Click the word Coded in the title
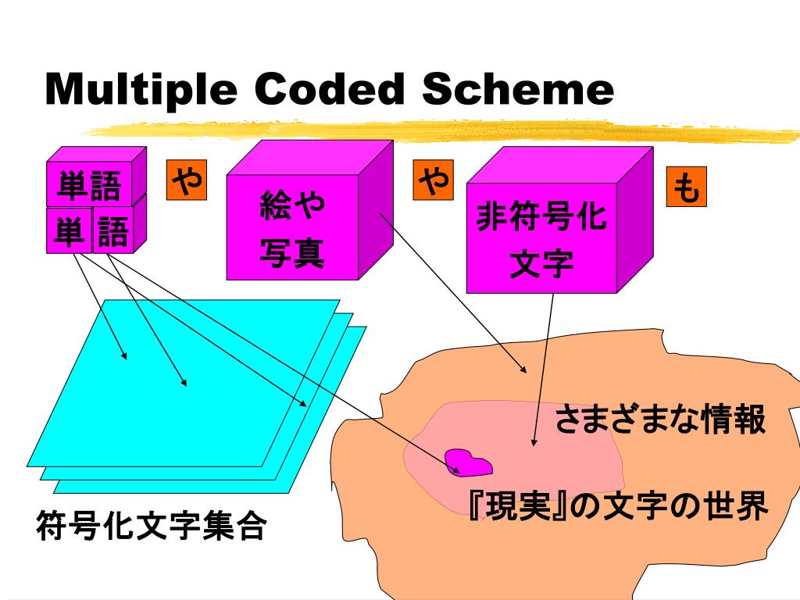click(x=329, y=89)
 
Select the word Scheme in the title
click(x=517, y=89)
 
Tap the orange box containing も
click(x=686, y=188)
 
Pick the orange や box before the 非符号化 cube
click(x=434, y=180)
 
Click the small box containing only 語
click(x=113, y=231)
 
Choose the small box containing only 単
click(x=69, y=231)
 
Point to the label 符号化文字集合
click(x=151, y=527)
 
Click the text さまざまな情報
click(x=659, y=420)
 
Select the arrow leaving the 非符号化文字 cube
click(x=544, y=367)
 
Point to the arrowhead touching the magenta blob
click(x=454, y=469)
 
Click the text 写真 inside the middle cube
click(x=292, y=254)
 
